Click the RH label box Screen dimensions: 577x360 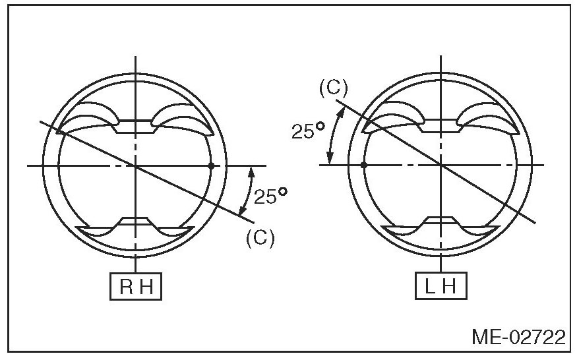point(136,286)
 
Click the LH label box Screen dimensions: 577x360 point(441,286)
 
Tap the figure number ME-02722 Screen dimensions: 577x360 point(519,337)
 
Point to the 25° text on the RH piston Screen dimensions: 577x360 point(270,196)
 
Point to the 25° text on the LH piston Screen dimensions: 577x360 point(308,131)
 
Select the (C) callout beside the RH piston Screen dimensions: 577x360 point(260,238)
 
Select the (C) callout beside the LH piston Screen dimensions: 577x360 point(333,89)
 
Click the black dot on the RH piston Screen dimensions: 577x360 point(211,166)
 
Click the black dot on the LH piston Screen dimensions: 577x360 point(364,165)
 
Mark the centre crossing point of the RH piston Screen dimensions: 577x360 point(136,166)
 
